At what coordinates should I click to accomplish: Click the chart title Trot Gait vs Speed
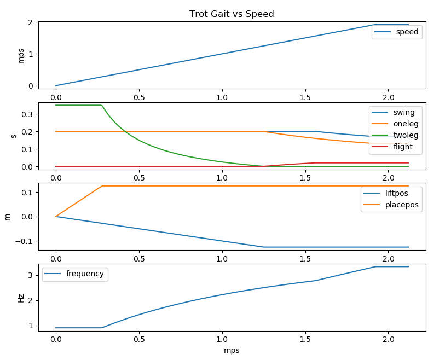point(232,14)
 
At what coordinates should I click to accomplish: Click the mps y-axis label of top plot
point(21,55)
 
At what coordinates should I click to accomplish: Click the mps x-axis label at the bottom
point(232,350)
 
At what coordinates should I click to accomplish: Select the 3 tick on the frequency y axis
point(46,275)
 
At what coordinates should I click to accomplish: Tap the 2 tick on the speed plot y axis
point(46,22)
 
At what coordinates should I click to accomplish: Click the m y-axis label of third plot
point(8,217)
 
